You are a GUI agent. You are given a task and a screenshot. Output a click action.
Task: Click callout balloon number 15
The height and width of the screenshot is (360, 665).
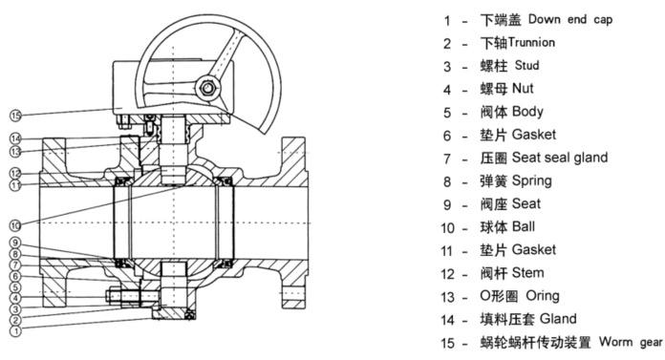15,116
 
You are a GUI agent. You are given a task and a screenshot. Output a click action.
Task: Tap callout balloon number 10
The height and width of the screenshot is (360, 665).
15,225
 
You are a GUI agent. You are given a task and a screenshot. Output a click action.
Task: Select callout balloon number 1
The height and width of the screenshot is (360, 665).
15,330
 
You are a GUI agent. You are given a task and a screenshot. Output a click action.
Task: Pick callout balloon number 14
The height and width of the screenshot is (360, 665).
15,138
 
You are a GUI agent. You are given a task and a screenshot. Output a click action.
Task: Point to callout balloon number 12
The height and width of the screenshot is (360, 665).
15,173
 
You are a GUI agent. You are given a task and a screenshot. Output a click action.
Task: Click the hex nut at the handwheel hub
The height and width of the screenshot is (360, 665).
207,88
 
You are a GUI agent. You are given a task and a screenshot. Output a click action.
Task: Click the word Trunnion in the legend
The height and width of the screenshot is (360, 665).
531,42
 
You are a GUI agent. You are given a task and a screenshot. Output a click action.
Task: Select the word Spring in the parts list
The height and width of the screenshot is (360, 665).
532,181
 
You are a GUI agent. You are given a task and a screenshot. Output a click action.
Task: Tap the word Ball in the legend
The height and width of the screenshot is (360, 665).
524,226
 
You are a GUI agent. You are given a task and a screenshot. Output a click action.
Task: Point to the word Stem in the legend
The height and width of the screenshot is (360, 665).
527,273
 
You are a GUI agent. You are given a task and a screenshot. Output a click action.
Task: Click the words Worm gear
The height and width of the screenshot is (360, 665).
631,342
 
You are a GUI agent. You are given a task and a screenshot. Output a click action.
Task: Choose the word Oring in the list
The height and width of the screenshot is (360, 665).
543,296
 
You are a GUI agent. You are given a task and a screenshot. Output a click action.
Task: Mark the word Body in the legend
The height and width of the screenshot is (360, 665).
527,112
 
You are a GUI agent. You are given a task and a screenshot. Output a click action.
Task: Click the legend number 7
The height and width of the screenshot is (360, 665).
447,159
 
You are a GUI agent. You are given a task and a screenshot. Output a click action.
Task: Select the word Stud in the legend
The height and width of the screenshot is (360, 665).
526,65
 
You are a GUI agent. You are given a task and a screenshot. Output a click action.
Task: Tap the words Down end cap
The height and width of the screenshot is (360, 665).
570,19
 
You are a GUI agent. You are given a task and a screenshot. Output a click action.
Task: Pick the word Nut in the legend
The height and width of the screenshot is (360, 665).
523,88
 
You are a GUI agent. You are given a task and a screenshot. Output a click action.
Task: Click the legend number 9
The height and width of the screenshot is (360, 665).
447,204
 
